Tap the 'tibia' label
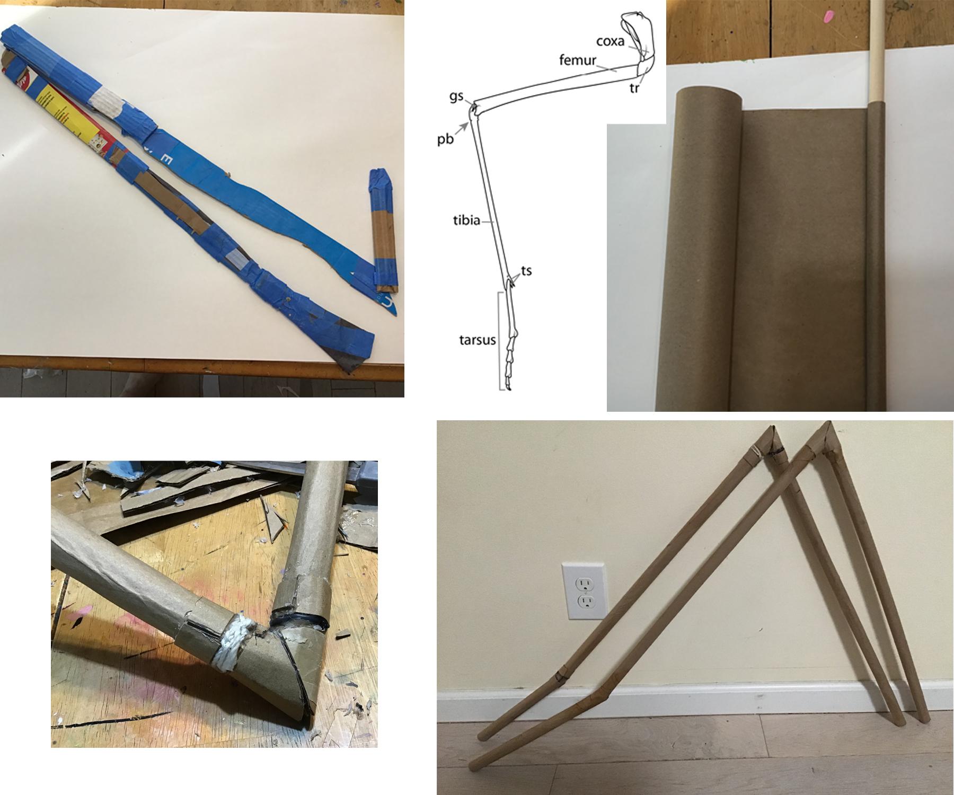[466, 220]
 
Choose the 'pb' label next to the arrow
[445, 141]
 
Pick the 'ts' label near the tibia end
[526, 270]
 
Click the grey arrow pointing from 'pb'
[463, 129]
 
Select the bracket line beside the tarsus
[500, 340]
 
